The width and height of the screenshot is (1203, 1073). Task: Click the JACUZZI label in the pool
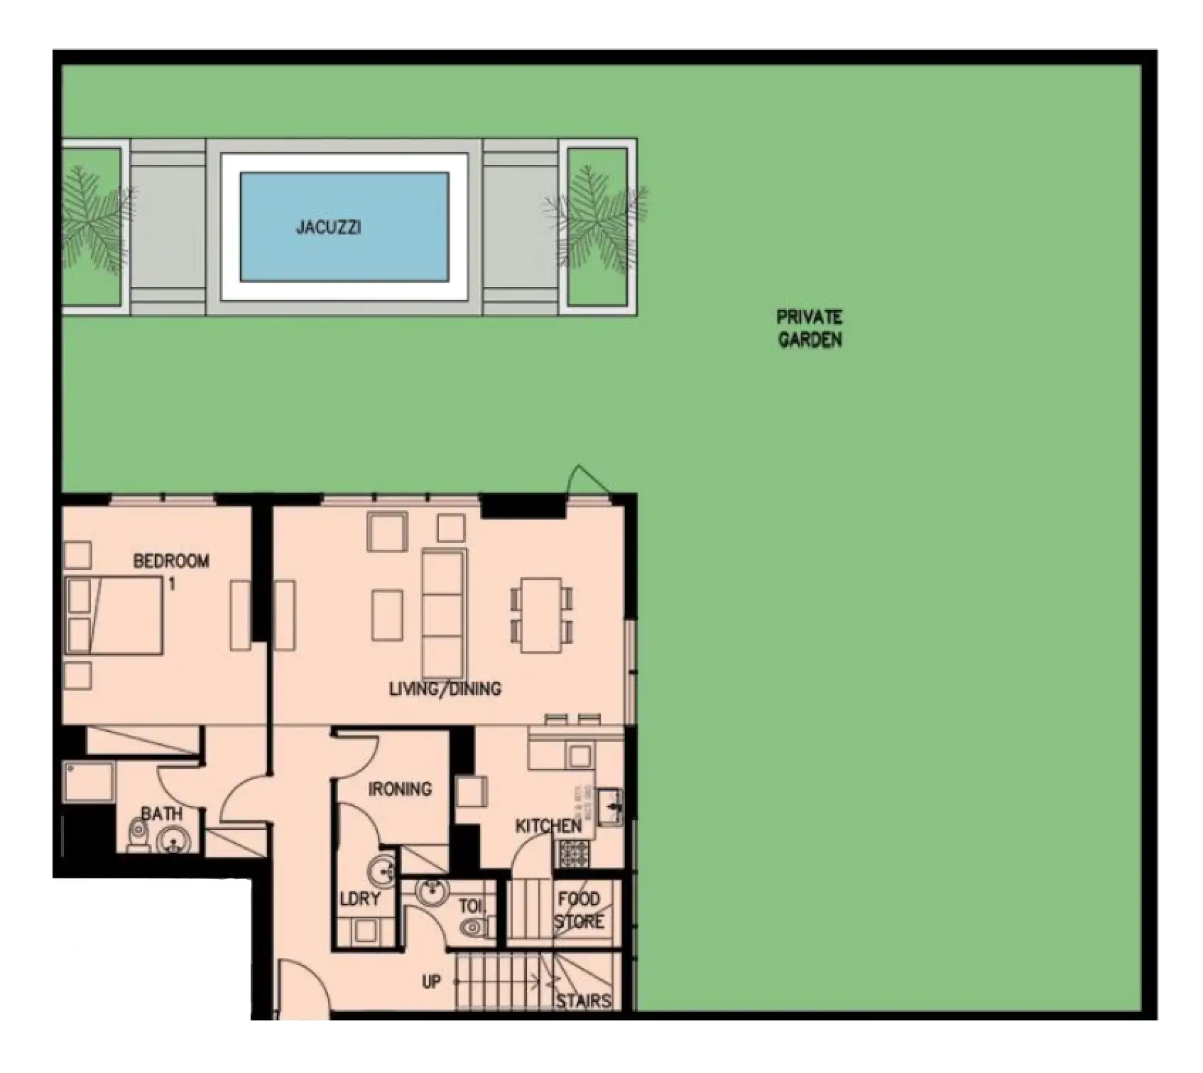pyautogui.click(x=328, y=227)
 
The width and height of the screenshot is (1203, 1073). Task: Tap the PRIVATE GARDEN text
pyautogui.click(x=810, y=328)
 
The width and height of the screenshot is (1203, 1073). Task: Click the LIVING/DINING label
pyautogui.click(x=445, y=688)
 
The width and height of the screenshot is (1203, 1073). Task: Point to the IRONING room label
pyautogui.click(x=400, y=788)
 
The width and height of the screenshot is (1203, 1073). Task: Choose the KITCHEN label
pyautogui.click(x=548, y=826)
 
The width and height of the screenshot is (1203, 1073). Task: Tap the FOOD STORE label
pyautogui.click(x=579, y=910)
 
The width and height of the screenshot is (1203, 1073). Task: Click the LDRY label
pyautogui.click(x=360, y=899)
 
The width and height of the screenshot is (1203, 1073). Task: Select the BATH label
pyautogui.click(x=161, y=814)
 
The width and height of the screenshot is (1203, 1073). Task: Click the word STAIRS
pyautogui.click(x=583, y=1001)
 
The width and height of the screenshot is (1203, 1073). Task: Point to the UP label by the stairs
pyautogui.click(x=431, y=982)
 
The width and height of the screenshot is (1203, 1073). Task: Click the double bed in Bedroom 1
pyautogui.click(x=114, y=615)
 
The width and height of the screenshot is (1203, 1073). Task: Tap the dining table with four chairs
pyautogui.click(x=542, y=615)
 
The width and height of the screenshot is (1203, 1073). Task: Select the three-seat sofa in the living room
pyautogui.click(x=444, y=613)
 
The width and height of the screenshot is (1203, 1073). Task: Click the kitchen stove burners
pyautogui.click(x=574, y=853)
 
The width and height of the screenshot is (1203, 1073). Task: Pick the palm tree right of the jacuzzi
pyautogui.click(x=597, y=217)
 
